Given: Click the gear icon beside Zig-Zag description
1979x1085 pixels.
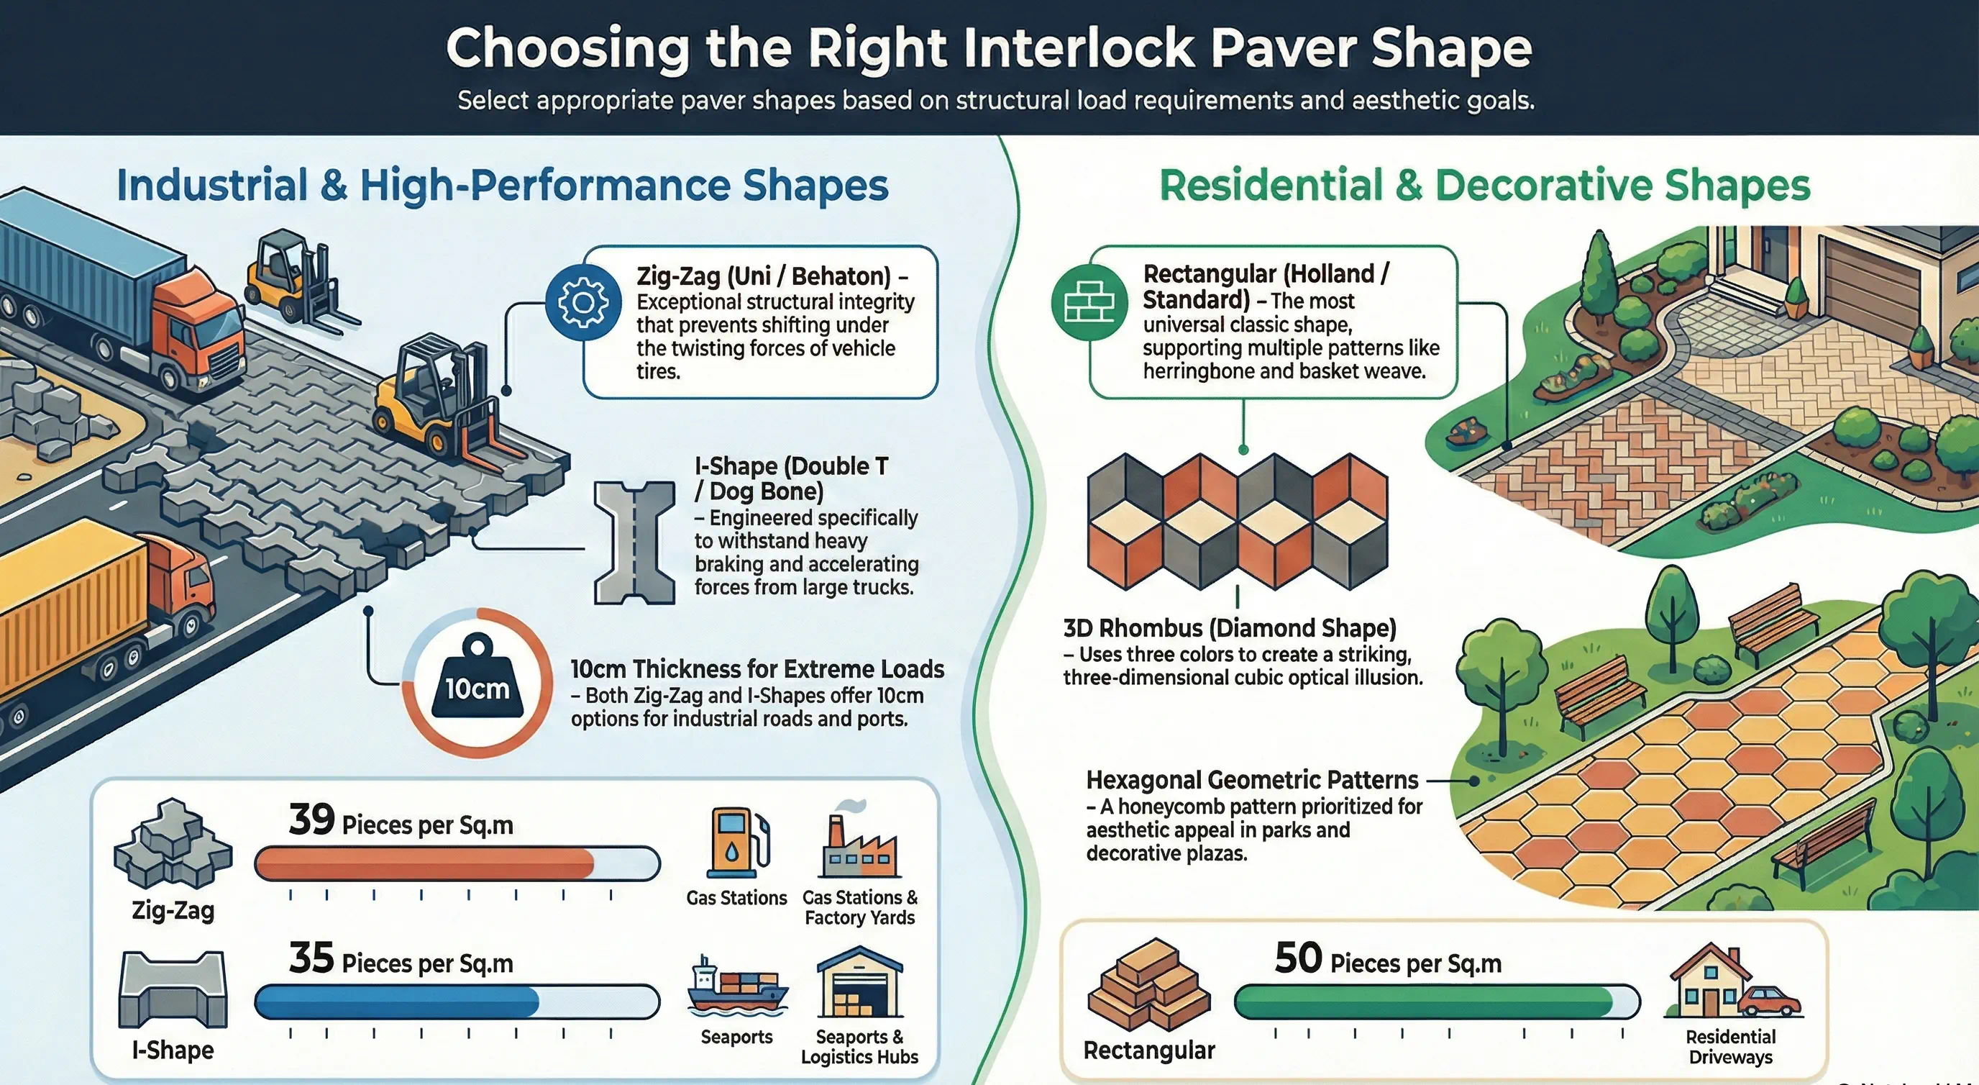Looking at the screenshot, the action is pyautogui.click(x=583, y=302).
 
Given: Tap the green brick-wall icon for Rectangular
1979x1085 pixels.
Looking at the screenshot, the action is pyautogui.click(x=1089, y=302).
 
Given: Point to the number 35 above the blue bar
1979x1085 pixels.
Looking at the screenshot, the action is pyautogui.click(x=312, y=958).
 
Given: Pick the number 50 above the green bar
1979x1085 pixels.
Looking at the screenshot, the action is pyautogui.click(x=1298, y=958).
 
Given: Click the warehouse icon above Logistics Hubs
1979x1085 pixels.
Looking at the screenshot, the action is pyautogui.click(x=859, y=983).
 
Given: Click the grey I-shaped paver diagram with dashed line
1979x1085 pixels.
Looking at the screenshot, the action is pyautogui.click(x=634, y=542).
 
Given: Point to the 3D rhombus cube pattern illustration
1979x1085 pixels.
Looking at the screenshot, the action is pyautogui.click(x=1238, y=521).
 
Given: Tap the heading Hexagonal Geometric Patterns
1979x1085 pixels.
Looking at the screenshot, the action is pyautogui.click(x=1252, y=780).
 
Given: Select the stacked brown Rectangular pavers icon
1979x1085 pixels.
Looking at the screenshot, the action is pyautogui.click(x=1148, y=984).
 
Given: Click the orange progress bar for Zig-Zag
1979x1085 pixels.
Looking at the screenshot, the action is pyautogui.click(x=424, y=863).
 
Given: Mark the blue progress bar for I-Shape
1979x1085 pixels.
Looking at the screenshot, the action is pyautogui.click(x=397, y=1002).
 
